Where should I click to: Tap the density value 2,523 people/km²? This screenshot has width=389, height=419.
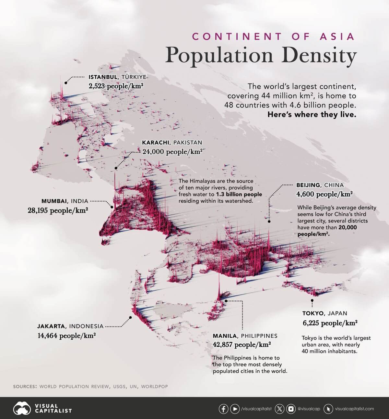(x=116, y=86)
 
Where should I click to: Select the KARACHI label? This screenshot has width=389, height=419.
(x=156, y=142)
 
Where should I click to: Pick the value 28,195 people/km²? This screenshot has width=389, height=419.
(x=58, y=210)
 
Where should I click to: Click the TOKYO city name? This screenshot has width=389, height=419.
(x=313, y=313)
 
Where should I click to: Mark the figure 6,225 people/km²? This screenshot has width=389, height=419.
(x=330, y=323)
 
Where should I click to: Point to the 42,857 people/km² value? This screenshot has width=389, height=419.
(x=242, y=345)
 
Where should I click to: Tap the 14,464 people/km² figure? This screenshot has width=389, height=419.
(x=66, y=336)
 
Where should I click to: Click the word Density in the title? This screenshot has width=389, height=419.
(x=319, y=55)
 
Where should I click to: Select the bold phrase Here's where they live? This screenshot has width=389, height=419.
(x=312, y=114)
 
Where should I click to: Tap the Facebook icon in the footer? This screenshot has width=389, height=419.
(x=223, y=409)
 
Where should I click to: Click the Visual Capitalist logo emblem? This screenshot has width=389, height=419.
(x=22, y=409)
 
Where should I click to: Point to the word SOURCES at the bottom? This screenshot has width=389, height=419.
(x=25, y=387)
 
